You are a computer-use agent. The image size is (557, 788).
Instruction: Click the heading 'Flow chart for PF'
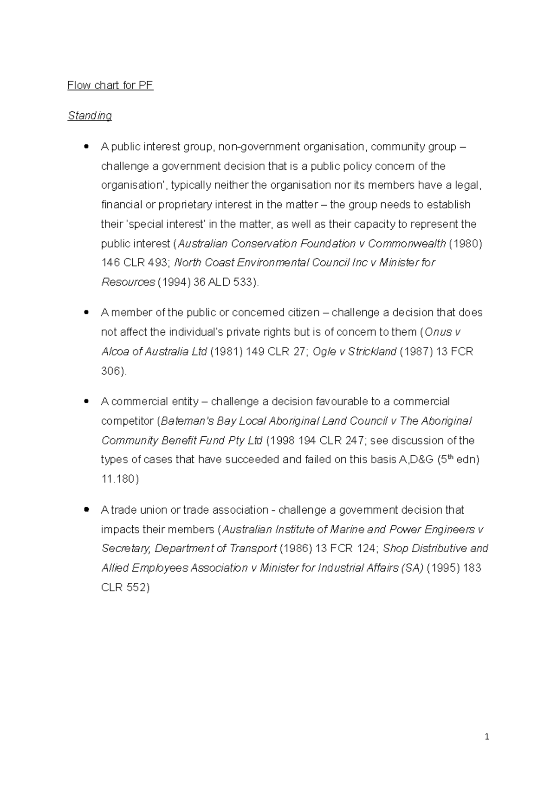[110, 85]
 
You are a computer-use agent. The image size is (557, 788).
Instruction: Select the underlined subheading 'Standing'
[90, 116]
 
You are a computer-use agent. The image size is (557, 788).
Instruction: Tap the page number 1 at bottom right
[487, 736]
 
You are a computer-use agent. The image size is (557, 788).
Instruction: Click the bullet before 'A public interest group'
[86, 147]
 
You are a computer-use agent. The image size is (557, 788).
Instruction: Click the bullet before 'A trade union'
[86, 510]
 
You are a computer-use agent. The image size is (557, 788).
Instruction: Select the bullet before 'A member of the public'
[86, 312]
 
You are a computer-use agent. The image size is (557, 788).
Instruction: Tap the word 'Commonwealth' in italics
[407, 244]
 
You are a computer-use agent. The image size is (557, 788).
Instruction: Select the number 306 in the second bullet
[110, 371]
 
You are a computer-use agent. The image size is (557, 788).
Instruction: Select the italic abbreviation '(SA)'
[412, 568]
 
